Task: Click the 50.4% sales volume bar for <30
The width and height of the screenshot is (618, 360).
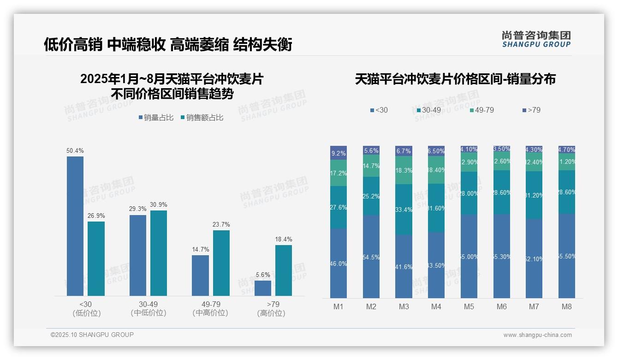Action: click(75, 226)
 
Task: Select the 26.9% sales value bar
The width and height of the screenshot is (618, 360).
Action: click(96, 258)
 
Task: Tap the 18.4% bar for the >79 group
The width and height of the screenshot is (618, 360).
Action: click(284, 270)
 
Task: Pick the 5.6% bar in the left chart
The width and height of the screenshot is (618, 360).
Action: click(263, 288)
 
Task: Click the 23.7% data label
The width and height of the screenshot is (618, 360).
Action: click(221, 225)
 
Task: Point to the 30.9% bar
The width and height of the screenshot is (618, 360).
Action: click(159, 253)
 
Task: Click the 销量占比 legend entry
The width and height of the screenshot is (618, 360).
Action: click(156, 118)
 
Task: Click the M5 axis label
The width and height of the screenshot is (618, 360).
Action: click(469, 306)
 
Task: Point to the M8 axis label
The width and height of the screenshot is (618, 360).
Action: click(567, 306)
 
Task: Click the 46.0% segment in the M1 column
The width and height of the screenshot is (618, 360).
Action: click(339, 263)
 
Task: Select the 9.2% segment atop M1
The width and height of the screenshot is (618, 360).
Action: click(339, 153)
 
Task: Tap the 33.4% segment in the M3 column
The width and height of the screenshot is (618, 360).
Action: click(404, 210)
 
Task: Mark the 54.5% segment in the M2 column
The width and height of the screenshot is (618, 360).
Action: click(371, 257)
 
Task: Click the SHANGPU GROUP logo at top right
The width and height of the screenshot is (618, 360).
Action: click(536, 39)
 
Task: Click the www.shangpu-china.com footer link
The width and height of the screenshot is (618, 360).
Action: click(537, 335)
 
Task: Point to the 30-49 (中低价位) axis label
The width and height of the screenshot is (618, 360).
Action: click(149, 308)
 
